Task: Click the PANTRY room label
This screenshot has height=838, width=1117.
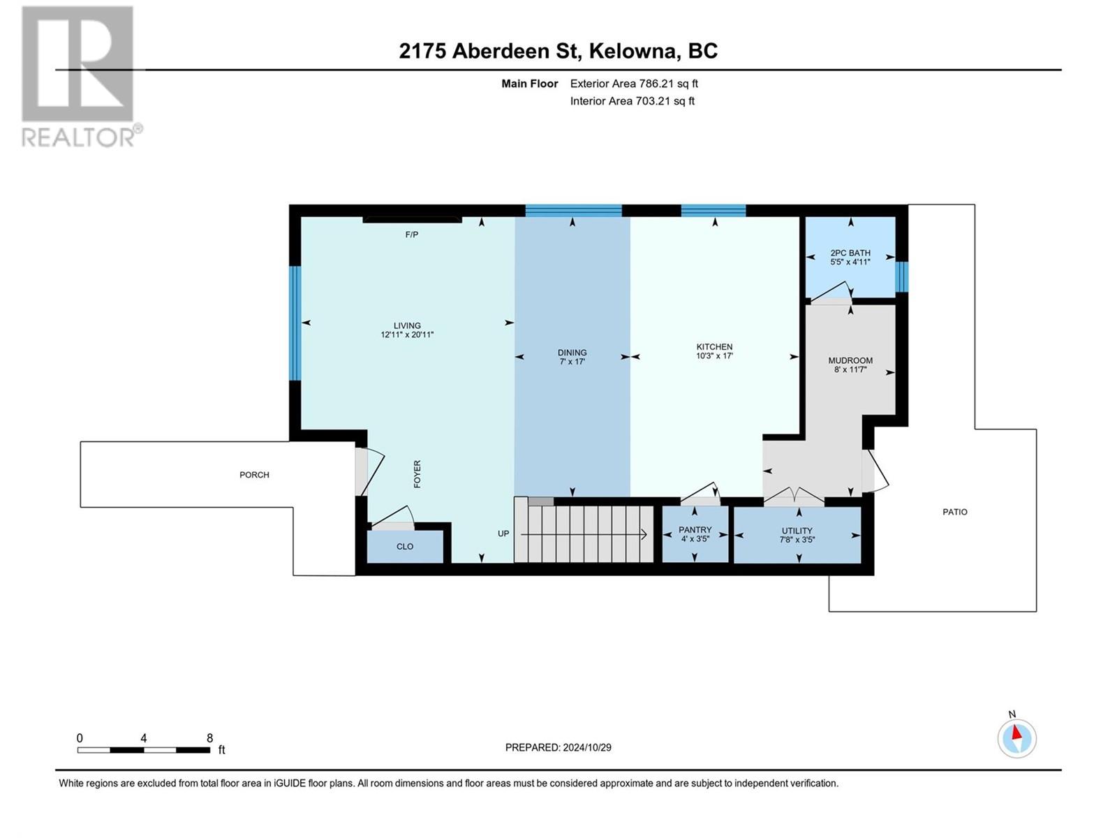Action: point(695,529)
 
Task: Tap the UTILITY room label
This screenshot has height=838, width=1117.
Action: point(797,531)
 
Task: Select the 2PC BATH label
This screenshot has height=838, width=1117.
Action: point(850,253)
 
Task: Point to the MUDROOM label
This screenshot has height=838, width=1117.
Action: point(850,361)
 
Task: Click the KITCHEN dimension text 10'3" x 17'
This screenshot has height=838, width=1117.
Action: point(714,356)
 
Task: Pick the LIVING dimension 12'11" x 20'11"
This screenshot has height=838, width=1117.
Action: point(407,335)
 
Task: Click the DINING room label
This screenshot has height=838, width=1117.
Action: point(572,353)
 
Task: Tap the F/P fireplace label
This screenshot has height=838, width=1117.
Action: point(412,235)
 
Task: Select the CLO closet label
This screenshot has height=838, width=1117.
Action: point(405,547)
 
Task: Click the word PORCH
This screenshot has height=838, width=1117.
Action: point(254,475)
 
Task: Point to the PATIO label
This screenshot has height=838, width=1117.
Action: point(954,512)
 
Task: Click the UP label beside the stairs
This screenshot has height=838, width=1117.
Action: point(503,534)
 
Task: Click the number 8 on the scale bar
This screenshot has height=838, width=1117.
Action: point(209,737)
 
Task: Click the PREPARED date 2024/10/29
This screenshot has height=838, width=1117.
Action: point(586,747)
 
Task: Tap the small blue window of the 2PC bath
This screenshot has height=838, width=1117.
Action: point(901,277)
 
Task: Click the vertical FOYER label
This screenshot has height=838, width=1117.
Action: point(417,474)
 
